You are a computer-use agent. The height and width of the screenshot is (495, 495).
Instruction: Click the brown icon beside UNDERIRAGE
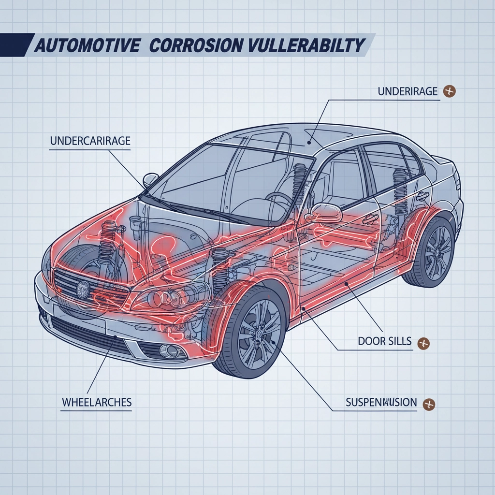(450, 91)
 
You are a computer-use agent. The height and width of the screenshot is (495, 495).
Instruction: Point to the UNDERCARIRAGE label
(90, 141)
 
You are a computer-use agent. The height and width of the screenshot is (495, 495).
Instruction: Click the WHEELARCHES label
(97, 402)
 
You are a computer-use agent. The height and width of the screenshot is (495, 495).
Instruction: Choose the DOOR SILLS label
(385, 341)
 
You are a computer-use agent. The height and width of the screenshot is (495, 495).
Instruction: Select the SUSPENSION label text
(381, 402)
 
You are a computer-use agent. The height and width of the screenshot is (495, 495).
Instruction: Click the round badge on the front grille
(84, 290)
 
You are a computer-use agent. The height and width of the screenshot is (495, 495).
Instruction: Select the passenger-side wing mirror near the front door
(326, 211)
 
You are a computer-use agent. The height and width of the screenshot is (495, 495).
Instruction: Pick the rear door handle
(422, 195)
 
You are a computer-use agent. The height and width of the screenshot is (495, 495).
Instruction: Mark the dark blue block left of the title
(15, 44)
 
